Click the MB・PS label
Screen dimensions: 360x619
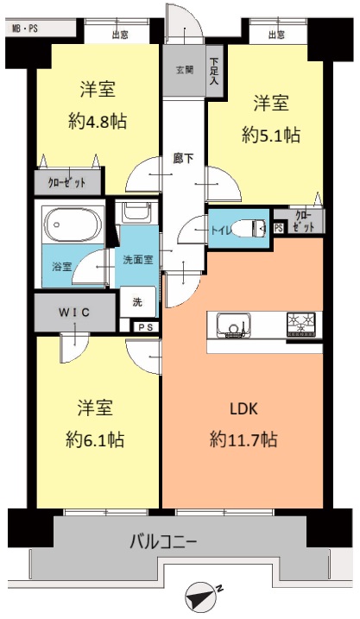pos(25,28)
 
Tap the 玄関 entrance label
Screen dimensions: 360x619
pos(185,70)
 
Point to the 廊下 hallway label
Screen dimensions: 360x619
pos(184,159)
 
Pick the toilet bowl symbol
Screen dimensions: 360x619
pos(249,229)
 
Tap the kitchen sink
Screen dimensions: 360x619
pos(234,325)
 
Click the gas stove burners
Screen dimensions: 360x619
pos(302,325)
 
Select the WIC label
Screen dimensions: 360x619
pos(74,313)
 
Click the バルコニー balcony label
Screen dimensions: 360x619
pos(163,540)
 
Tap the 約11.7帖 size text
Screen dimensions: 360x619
pos(243,439)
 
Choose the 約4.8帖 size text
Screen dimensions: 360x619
pos(98,121)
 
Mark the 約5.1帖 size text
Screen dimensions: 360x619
pos(271,136)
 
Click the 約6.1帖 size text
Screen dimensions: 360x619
pos(95,439)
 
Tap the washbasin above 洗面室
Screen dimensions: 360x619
pos(136,212)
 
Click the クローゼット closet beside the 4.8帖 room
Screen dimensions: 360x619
pos(67,183)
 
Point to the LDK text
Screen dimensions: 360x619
pos(243,409)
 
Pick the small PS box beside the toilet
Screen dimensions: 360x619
pos(278,229)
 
